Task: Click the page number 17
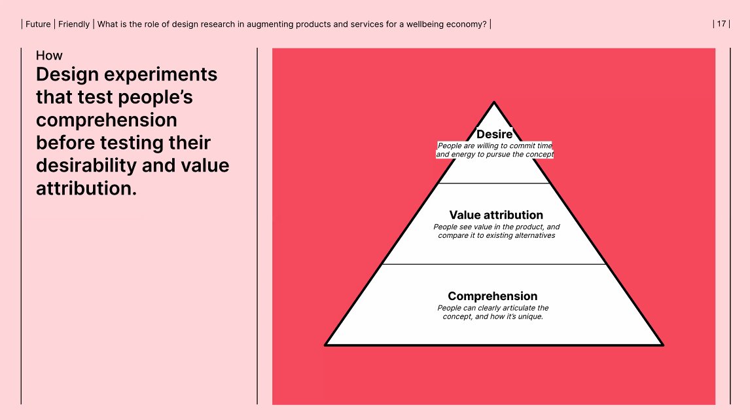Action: pyautogui.click(x=721, y=24)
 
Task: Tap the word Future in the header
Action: pyautogui.click(x=38, y=24)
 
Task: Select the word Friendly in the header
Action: pyautogui.click(x=74, y=24)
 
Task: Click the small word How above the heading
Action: pyautogui.click(x=49, y=56)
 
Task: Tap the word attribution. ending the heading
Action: pyautogui.click(x=86, y=189)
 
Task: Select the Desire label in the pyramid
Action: pyautogui.click(x=494, y=134)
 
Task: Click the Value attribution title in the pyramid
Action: pyautogui.click(x=496, y=215)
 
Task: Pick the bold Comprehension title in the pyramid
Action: pyautogui.click(x=493, y=296)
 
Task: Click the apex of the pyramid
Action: pyautogui.click(x=494, y=103)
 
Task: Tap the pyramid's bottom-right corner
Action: pyautogui.click(x=662, y=344)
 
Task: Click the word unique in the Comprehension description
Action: pyautogui.click(x=529, y=316)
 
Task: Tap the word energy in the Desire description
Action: pyautogui.click(x=466, y=155)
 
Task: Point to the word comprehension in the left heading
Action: pyautogui.click(x=107, y=120)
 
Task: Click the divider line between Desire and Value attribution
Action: pyautogui.click(x=494, y=183)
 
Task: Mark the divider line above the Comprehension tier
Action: pyautogui.click(x=494, y=264)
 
